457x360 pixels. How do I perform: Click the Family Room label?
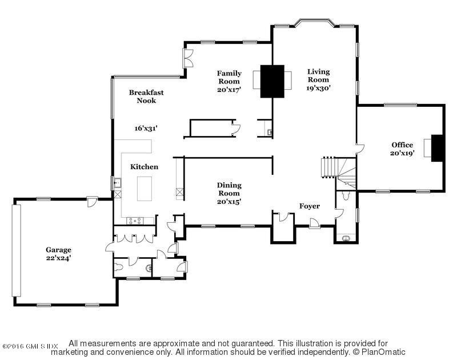(229, 77)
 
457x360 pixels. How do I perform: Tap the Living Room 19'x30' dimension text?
(318, 88)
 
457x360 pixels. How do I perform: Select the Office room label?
(402, 145)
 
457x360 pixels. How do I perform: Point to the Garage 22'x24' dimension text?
(58, 258)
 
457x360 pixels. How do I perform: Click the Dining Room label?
(229, 189)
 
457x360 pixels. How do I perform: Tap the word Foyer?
(310, 206)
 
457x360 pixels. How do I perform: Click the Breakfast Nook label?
(146, 97)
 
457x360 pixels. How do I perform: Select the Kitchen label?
(145, 167)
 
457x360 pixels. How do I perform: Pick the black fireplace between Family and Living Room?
(272, 81)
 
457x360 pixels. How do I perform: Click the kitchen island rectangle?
(145, 189)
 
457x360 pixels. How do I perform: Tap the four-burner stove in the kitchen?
(135, 221)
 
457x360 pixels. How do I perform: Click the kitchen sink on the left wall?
(118, 183)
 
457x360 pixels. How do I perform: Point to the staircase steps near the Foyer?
(329, 167)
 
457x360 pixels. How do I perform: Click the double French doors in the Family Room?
(188, 58)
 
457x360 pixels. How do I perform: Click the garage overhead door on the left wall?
(17, 250)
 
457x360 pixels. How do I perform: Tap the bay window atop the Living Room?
(314, 23)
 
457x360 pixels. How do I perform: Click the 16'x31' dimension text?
(146, 128)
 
